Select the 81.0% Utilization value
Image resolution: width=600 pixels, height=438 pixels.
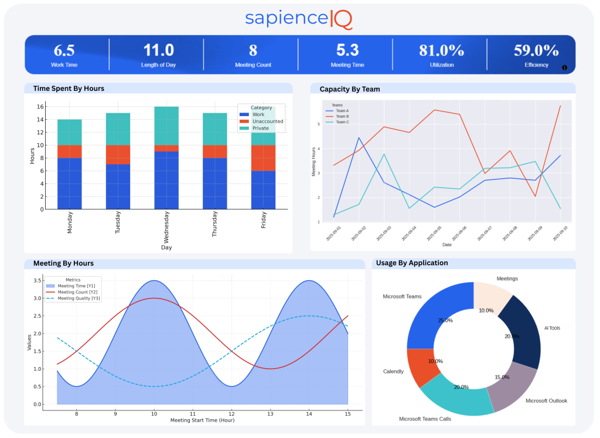pyautogui.click(x=441, y=50)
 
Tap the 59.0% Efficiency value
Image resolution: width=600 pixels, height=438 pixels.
pyautogui.click(x=536, y=50)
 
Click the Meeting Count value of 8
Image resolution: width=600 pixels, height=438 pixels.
pyautogui.click(x=253, y=50)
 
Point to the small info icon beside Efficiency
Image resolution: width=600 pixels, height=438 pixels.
pyautogui.click(x=564, y=67)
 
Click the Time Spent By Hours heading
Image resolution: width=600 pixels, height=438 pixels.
pyautogui.click(x=69, y=89)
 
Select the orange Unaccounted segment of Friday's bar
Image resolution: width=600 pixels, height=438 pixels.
pyautogui.click(x=262, y=158)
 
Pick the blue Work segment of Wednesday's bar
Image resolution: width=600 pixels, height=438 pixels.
pyautogui.click(x=166, y=180)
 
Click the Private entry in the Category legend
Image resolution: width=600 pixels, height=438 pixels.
pyautogui.click(x=261, y=128)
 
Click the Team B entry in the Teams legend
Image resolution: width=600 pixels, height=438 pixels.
pyautogui.click(x=342, y=116)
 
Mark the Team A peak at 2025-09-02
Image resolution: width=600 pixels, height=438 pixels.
pyautogui.click(x=359, y=138)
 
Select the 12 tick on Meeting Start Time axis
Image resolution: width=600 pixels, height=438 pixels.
pyautogui.click(x=231, y=413)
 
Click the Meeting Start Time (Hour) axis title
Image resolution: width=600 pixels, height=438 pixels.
pyautogui.click(x=202, y=420)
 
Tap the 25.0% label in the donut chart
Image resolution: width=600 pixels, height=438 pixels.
pyautogui.click(x=445, y=320)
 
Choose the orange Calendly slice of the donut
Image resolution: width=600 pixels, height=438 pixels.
pyautogui.click(x=420, y=367)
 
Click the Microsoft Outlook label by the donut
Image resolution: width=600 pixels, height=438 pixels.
pyautogui.click(x=546, y=400)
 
